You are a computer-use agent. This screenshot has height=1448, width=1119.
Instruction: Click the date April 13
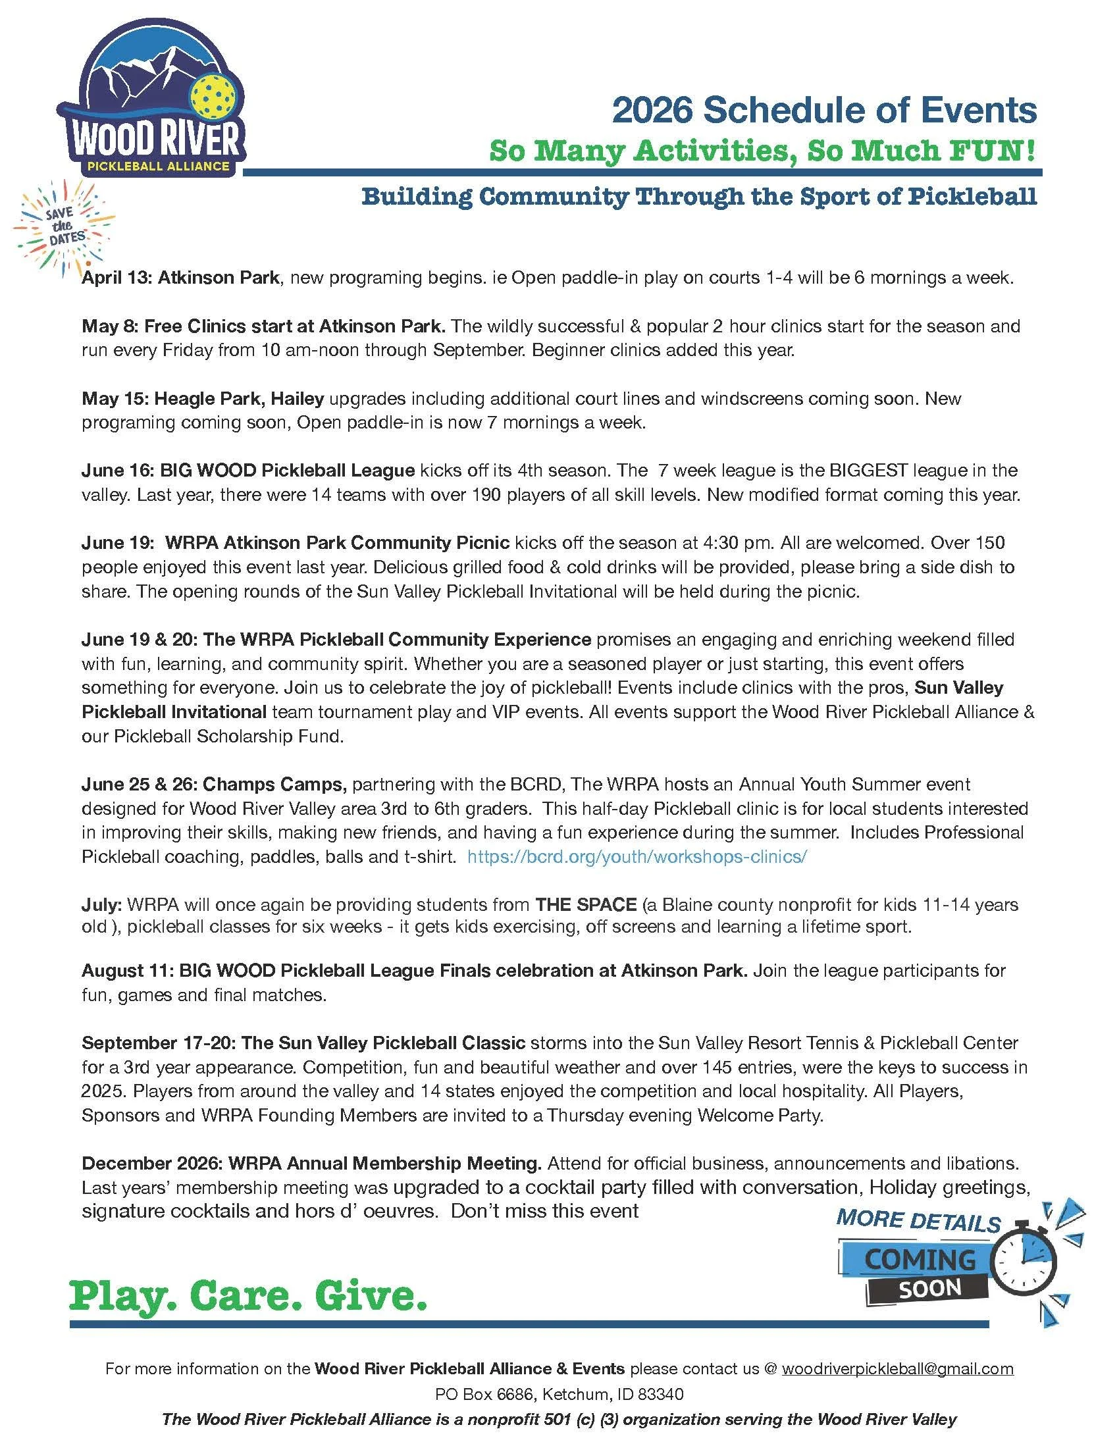[x=117, y=278]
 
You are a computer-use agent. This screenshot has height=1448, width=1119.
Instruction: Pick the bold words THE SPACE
[x=586, y=904]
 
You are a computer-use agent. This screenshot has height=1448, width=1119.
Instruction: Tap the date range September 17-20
[x=158, y=1043]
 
